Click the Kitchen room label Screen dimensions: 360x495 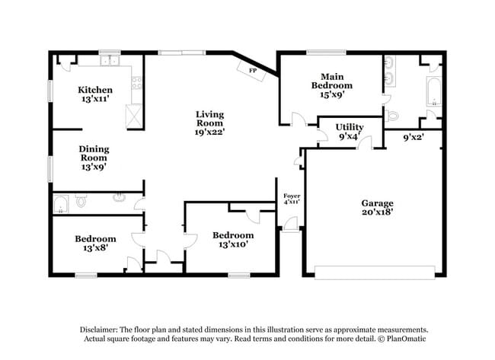[x=95, y=90]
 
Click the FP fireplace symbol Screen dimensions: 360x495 [x=251, y=69]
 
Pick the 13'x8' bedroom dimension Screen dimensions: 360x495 [x=95, y=248]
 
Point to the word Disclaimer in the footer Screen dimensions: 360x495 [x=101, y=329]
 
